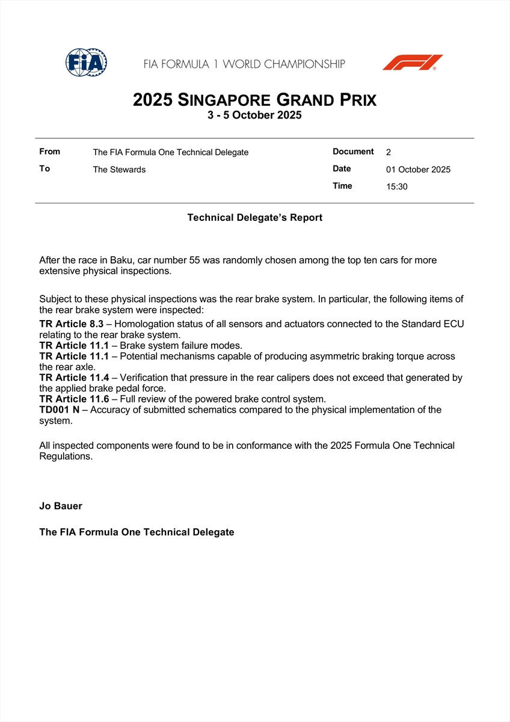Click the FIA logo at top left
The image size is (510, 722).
86,63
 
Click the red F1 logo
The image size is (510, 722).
413,63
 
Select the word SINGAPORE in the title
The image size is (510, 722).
226,100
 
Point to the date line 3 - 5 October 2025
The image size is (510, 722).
254,116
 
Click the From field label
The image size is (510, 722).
49,152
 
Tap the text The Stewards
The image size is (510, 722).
119,170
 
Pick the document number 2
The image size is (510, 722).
389,152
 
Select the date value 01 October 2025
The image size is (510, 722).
418,170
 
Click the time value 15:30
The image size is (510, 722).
397,187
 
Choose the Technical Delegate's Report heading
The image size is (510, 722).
254,218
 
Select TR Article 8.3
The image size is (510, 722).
71,324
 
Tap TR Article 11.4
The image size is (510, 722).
74,378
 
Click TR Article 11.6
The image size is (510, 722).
74,399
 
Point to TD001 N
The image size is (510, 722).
59,410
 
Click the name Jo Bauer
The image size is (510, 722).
61,506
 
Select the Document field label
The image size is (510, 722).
353,152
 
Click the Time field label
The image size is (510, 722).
342,186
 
